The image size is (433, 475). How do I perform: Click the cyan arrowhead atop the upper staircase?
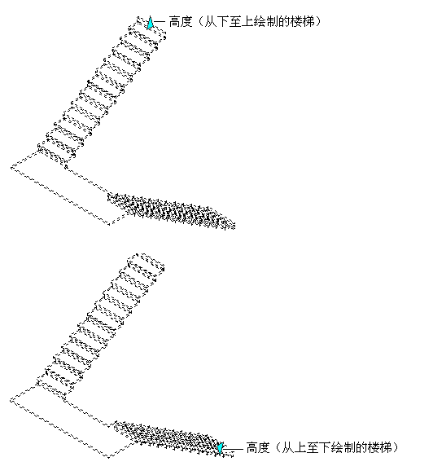coord(150,23)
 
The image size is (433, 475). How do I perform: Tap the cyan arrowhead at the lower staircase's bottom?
coord(221,448)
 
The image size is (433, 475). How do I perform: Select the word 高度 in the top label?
coord(181,22)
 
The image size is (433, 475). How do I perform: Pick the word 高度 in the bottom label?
coord(258,447)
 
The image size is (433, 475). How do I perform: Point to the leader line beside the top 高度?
coord(160,22)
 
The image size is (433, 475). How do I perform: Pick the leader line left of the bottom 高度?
coord(234,449)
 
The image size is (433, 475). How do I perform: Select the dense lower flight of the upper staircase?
coord(171,210)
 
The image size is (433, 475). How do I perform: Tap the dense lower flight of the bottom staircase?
coord(173,438)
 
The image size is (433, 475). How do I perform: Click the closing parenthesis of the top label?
coord(317,22)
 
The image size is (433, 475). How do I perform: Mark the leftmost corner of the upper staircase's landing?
coord(11,168)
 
